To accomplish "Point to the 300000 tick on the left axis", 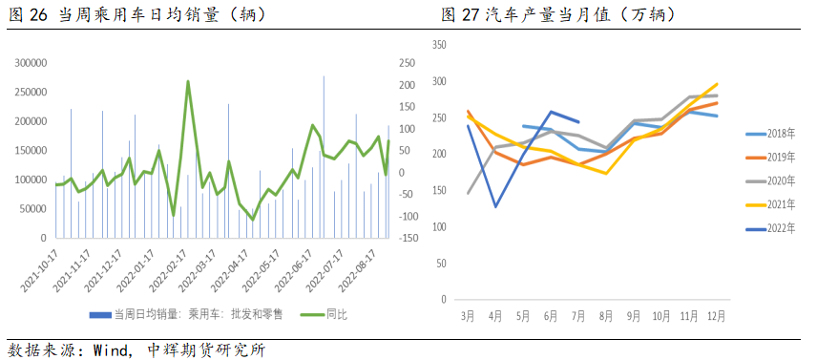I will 33,63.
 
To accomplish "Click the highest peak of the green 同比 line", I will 187,81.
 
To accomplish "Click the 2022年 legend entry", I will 770,228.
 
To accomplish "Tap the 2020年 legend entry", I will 770,181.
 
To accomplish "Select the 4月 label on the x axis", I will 495,314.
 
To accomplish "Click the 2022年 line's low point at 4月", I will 495,206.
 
